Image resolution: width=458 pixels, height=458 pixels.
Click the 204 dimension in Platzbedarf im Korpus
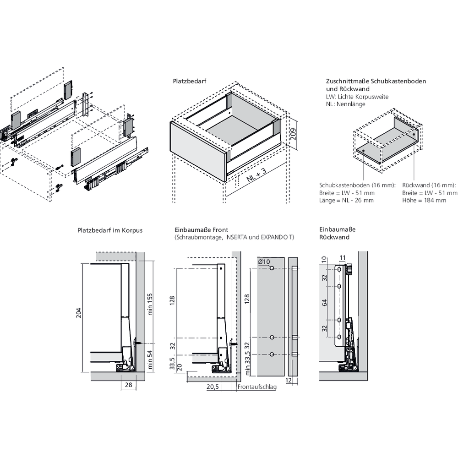[x=78, y=313]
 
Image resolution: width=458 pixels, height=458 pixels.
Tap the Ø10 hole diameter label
[x=264, y=262]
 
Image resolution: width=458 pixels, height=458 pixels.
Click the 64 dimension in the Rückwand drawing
[x=325, y=303]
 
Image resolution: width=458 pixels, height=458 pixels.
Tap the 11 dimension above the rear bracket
[x=343, y=257]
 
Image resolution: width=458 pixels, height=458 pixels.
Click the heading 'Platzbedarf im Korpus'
[x=110, y=230]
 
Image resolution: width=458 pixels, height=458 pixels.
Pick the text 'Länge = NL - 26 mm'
[x=347, y=200]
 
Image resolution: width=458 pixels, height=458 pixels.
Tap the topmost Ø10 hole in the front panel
[x=272, y=267]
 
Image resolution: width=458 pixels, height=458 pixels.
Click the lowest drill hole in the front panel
[x=272, y=354]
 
